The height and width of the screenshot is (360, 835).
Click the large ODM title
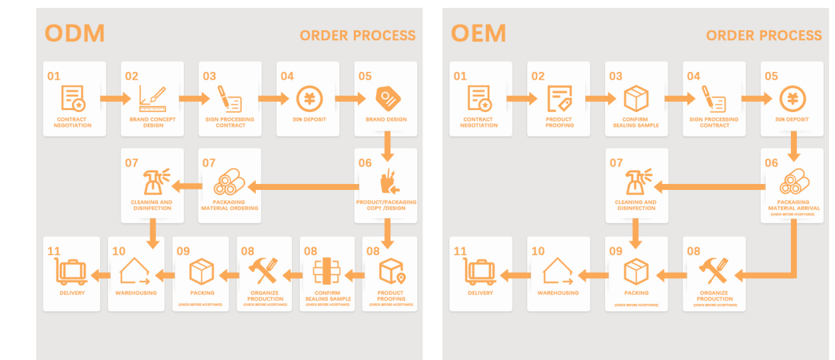74,33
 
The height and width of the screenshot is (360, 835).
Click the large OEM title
478,33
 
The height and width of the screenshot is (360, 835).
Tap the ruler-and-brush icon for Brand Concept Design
152,98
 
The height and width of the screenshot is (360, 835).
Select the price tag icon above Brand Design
386,98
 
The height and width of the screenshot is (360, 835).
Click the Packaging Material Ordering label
229,205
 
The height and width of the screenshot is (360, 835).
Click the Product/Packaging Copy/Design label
386,205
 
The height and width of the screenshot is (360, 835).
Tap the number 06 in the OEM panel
771,163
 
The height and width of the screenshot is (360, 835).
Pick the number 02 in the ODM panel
132,76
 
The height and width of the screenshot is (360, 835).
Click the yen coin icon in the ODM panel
308,98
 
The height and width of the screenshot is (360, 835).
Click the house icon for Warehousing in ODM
136,271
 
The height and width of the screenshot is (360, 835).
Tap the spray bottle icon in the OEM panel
635,182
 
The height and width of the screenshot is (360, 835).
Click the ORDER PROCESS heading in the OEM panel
764,36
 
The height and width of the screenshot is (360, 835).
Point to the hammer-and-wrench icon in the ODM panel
264,271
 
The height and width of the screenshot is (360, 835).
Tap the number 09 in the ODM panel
183,251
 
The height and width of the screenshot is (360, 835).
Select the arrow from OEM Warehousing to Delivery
515,274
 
